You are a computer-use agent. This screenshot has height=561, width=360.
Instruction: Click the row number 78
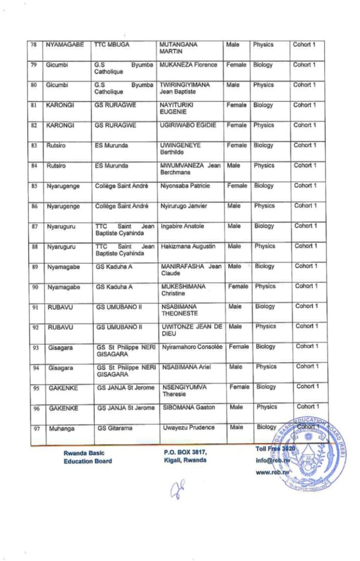click(x=34, y=45)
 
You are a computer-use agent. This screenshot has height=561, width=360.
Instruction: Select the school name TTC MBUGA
click(x=112, y=45)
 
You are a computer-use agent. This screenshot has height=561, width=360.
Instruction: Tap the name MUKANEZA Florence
click(x=187, y=65)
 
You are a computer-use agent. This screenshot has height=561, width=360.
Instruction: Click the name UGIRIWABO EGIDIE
click(x=188, y=125)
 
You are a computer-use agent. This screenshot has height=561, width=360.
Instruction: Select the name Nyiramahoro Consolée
click(x=192, y=346)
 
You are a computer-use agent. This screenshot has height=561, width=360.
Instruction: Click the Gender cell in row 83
click(x=237, y=145)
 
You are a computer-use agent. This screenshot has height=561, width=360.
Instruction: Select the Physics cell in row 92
click(x=265, y=326)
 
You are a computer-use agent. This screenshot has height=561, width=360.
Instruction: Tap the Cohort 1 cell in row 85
click(x=304, y=185)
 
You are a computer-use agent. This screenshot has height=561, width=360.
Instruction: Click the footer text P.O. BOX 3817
click(x=185, y=452)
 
